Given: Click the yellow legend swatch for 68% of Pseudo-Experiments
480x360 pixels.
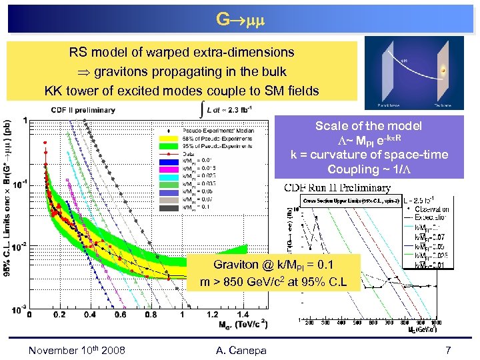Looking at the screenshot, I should pos(169,138).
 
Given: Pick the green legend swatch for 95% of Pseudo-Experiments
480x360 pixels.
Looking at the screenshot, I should pos(169,145).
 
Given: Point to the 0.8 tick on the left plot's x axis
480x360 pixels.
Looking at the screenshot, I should pos(151,315).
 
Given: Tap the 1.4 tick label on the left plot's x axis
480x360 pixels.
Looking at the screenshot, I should pos(243,315).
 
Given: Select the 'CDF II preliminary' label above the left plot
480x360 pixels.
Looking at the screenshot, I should pos(83,110).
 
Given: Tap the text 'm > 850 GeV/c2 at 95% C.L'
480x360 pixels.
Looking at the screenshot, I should pos(274,282).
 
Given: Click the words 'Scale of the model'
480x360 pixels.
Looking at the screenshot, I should pos(377,126).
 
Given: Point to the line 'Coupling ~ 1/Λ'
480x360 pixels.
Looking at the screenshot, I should pos(377,169).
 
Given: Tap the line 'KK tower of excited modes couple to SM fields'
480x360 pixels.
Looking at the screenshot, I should pos(181,91).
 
